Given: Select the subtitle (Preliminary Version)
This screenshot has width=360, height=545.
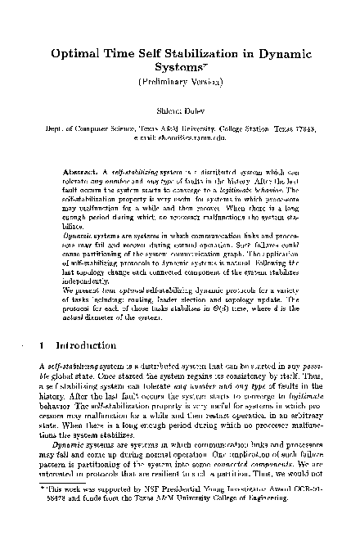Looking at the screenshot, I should click(x=180, y=83).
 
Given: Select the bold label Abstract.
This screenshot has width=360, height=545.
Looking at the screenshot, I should click(x=81, y=173).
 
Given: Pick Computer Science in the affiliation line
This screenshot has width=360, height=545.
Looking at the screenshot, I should click(x=102, y=130).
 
